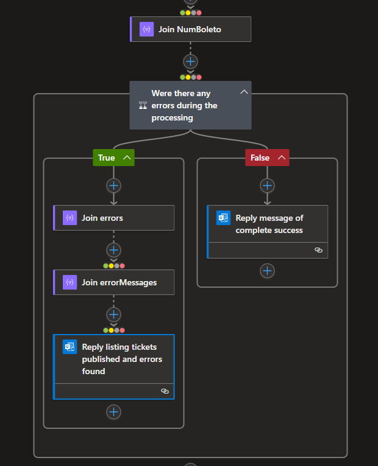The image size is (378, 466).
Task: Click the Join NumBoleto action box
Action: (190, 29)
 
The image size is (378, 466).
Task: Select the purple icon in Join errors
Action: (70, 218)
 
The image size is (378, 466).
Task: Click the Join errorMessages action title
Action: (119, 282)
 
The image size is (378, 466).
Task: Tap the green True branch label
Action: (107, 158)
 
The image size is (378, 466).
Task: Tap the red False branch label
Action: (260, 158)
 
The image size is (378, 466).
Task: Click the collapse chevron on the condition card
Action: (244, 92)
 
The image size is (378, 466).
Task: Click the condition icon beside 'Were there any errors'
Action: (143, 105)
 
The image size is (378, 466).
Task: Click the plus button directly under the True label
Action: (113, 186)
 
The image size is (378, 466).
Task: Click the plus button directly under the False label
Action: (267, 186)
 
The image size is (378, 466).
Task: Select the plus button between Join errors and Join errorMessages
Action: (113, 250)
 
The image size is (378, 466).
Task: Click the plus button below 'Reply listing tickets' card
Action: (113, 412)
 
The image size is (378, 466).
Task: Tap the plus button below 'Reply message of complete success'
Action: (267, 271)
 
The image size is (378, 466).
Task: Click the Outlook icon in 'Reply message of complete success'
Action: (223, 218)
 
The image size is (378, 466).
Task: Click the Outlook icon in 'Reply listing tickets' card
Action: (70, 347)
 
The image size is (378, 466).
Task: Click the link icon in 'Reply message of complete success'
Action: (318, 250)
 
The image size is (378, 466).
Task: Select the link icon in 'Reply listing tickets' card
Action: (165, 391)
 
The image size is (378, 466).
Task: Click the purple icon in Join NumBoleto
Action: (146, 29)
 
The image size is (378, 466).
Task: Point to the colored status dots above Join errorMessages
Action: (113, 266)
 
